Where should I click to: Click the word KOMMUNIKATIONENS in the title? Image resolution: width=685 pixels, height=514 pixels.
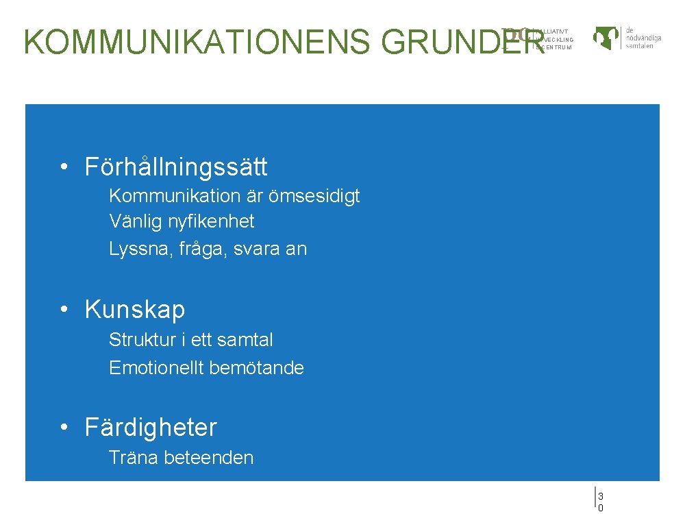tap(198, 42)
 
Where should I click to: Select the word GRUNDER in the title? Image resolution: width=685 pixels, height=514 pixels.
tap(463, 42)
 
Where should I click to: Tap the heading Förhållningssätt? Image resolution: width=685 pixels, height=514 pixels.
tap(176, 167)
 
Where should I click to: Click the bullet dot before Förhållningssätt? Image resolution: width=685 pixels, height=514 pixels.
tap(63, 167)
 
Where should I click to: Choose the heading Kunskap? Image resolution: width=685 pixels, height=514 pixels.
tap(135, 310)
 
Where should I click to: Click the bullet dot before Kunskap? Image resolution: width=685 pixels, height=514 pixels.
tap(63, 310)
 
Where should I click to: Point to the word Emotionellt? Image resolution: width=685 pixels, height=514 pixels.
tap(156, 368)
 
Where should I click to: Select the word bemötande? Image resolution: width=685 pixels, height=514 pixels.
tap(256, 368)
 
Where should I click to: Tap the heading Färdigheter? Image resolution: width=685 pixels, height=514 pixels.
tap(151, 428)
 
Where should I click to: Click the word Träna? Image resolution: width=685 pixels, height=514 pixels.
tap(134, 458)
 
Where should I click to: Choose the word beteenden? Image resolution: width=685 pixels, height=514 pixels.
tap(209, 458)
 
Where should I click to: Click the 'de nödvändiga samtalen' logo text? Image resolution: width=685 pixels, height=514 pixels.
tap(643, 38)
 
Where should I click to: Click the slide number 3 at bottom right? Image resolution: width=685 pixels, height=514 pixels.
tap(600, 496)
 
